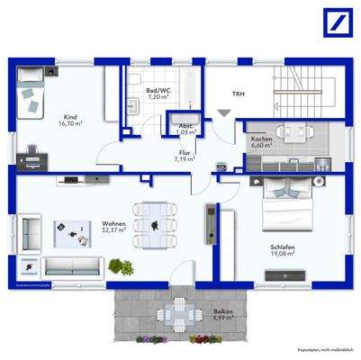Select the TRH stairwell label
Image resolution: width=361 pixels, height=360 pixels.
tap(238, 93)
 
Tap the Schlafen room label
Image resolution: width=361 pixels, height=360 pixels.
tap(284, 249)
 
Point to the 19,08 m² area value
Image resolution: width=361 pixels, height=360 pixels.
tap(284, 256)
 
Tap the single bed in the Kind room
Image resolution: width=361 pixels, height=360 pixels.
tap(35, 90)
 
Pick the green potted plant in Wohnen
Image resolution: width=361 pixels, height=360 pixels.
tap(117, 266)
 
